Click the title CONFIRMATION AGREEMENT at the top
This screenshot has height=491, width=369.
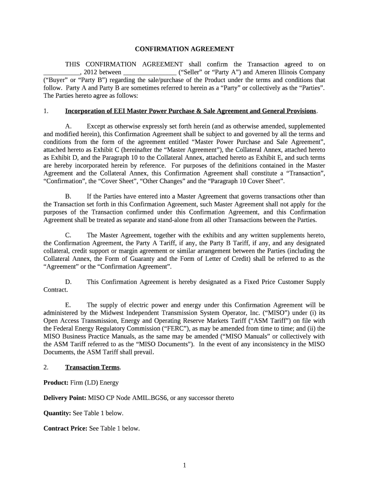coord(184,49)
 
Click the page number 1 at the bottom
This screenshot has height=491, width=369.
coord(184,465)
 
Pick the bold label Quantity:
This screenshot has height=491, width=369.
coord(58,413)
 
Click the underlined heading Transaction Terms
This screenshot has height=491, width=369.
coord(92,367)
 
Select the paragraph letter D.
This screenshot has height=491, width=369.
coord(68,282)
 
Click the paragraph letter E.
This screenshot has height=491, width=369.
coord(68,305)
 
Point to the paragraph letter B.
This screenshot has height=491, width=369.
coord(68,197)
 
